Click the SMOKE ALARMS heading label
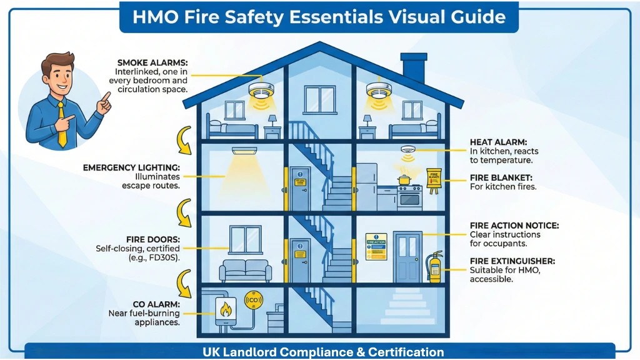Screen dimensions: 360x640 [x=152, y=62]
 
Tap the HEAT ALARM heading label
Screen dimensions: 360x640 [x=498, y=142]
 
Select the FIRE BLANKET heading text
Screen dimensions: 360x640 [x=502, y=177]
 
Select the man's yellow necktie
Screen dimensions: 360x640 [x=61, y=124]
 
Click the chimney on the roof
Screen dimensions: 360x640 [x=413, y=69]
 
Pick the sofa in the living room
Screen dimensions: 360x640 [x=245, y=271]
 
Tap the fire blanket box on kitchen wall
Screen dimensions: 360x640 [x=434, y=178]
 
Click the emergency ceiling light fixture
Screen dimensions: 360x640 [x=244, y=151]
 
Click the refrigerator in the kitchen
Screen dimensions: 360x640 [x=367, y=186]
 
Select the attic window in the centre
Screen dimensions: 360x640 [x=319, y=99]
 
